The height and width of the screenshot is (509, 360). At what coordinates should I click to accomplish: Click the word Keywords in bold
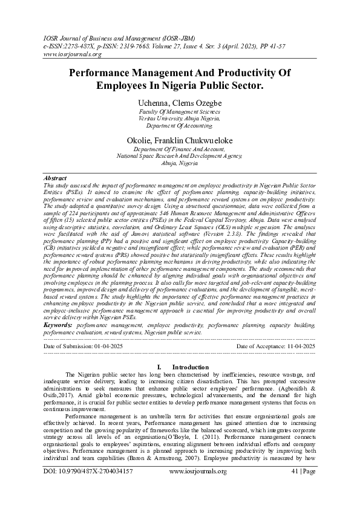(x=59, y=325)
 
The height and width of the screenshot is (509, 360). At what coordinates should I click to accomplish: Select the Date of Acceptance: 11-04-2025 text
(x=276, y=346)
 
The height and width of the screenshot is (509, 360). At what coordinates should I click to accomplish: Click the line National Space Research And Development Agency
(x=180, y=156)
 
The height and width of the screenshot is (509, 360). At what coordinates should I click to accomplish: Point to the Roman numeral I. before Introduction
(x=142, y=367)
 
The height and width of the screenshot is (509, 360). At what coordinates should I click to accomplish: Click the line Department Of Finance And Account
(x=180, y=149)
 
